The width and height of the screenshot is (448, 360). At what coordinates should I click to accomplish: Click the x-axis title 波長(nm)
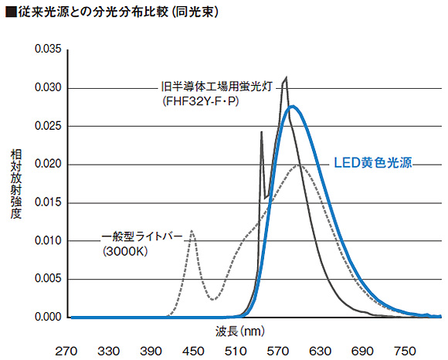click(x=240, y=331)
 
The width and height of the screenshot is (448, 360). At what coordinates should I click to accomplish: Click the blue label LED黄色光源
click(x=372, y=163)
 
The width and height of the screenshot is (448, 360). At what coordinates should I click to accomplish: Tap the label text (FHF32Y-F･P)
click(x=200, y=101)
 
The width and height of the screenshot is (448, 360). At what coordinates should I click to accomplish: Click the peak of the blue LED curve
click(x=293, y=107)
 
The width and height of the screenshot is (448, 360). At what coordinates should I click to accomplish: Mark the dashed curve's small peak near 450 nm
click(x=192, y=231)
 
